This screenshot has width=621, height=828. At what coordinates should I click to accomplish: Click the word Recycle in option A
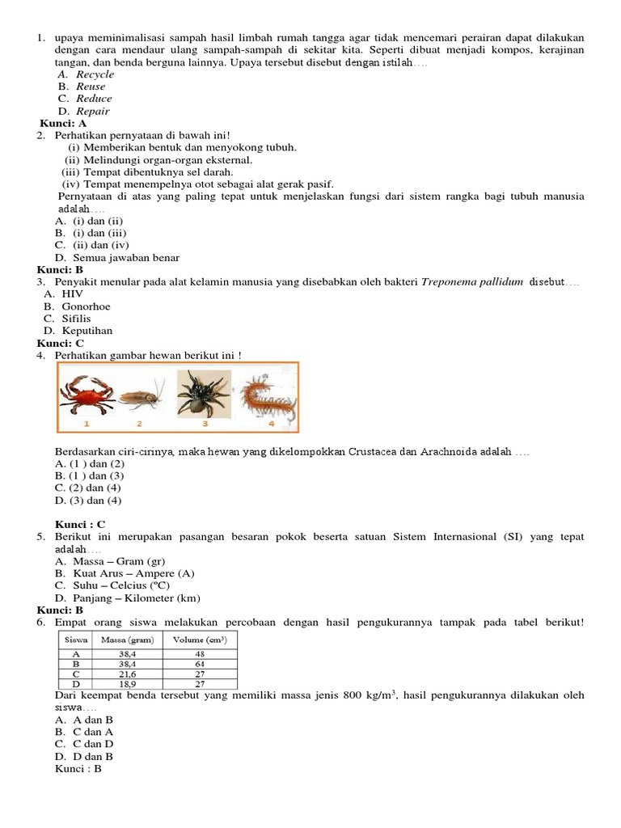(x=95, y=74)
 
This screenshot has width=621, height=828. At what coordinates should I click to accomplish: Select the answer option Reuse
(x=91, y=87)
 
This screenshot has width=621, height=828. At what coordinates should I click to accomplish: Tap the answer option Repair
(x=92, y=112)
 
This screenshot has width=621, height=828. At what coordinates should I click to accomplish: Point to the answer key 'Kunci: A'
(x=63, y=124)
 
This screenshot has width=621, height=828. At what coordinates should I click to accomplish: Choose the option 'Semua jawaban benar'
(x=126, y=258)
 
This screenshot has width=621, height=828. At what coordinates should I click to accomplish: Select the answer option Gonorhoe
(x=86, y=306)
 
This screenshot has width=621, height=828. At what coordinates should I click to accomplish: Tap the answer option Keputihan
(x=87, y=331)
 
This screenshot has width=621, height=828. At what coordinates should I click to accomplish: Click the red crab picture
(x=87, y=395)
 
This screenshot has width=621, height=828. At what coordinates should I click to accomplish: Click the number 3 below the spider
(x=205, y=423)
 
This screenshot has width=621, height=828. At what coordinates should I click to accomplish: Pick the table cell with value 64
(x=199, y=663)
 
